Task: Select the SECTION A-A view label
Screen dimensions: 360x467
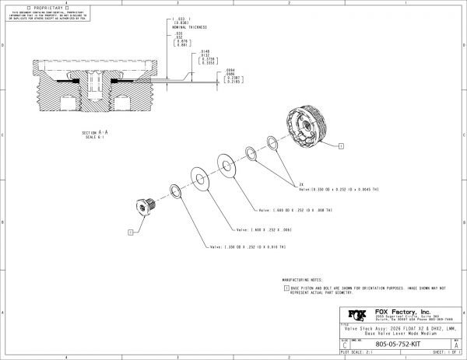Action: click(97, 134)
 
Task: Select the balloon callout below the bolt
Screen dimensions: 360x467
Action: click(130, 232)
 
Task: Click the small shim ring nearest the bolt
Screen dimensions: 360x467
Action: click(175, 191)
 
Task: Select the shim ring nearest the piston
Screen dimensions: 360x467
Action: click(272, 142)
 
